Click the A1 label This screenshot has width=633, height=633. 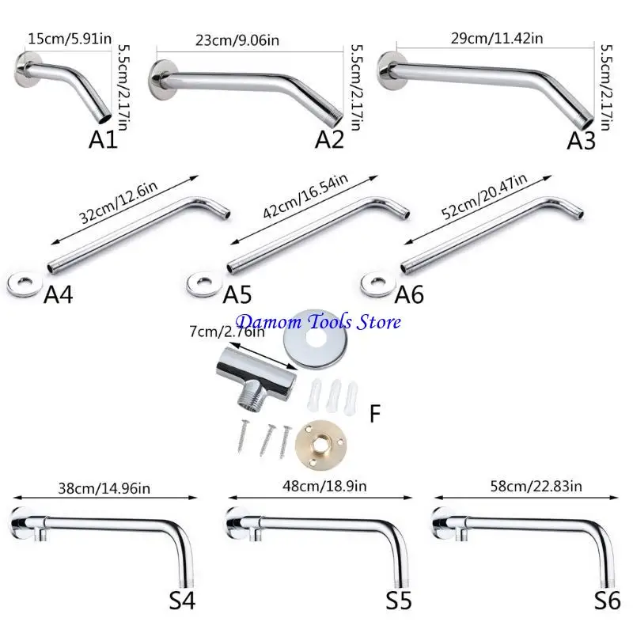point(103,140)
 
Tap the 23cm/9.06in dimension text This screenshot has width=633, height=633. point(229,40)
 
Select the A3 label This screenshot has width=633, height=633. point(582,140)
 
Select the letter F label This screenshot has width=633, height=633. point(376,412)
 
